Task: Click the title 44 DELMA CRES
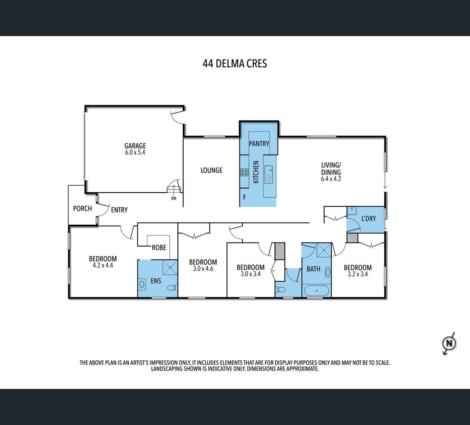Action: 235,64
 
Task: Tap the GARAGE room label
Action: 135,146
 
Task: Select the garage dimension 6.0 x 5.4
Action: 135,152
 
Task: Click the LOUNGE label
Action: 211,170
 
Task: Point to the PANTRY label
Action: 259,144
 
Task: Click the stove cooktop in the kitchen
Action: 244,172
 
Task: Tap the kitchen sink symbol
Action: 268,174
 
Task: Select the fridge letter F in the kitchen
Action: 245,197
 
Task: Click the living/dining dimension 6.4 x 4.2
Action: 331,179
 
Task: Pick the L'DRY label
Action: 368,219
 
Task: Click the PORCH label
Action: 82,208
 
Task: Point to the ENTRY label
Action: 119,210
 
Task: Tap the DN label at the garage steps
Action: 173,198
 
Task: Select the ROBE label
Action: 159,248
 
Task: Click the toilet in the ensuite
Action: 172,288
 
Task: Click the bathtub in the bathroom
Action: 317,291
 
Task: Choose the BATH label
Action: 314,269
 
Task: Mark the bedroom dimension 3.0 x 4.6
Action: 203,269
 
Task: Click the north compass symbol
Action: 449,343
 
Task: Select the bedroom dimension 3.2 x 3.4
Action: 358,274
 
